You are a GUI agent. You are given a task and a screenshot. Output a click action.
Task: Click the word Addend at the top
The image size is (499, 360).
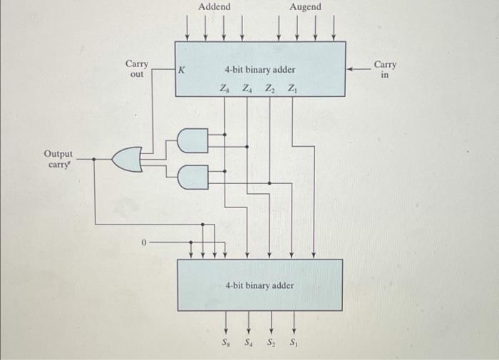click(215, 7)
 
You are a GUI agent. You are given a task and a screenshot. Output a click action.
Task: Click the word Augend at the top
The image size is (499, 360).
click(305, 7)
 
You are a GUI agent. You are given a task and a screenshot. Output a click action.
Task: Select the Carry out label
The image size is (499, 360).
click(137, 69)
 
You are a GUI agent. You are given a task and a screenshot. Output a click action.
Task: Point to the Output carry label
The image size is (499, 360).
click(58, 159)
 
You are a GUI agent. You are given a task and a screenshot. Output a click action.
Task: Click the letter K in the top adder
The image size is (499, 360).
click(182, 71)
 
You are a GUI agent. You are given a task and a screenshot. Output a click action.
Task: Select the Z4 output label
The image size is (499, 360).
click(247, 88)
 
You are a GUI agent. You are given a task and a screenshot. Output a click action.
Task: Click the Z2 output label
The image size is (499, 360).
click(269, 88)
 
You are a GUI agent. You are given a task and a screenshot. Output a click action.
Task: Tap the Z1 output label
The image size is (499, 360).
click(292, 88)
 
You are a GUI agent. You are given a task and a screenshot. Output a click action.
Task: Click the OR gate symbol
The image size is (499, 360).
click(128, 160)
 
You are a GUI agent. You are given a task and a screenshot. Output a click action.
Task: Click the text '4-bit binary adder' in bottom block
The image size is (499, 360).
click(259, 285)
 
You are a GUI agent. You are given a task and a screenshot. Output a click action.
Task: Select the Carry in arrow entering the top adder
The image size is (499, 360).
click(360, 70)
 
